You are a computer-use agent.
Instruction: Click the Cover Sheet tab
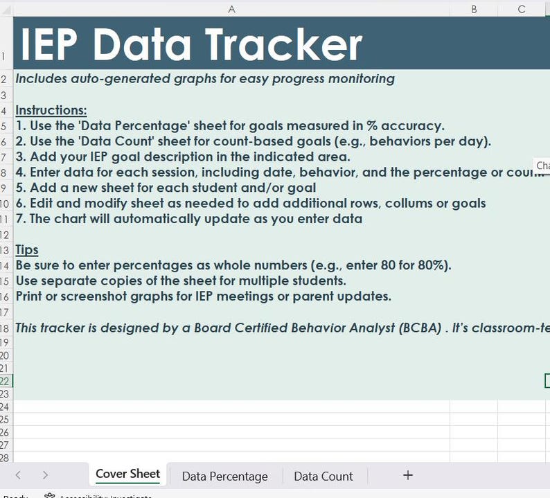tap(127, 474)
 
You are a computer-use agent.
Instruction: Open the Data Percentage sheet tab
tap(224, 477)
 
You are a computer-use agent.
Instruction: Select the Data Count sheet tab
tap(323, 477)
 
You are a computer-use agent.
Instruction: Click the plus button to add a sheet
tap(408, 475)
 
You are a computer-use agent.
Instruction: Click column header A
tap(231, 8)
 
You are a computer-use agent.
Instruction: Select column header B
tap(474, 8)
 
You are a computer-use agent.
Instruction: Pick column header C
tap(522, 8)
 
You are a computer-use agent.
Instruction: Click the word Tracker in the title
tap(283, 44)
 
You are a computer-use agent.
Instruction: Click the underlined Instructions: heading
tap(51, 111)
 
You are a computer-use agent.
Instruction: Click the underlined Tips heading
tap(27, 250)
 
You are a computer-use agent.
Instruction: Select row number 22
tap(6, 381)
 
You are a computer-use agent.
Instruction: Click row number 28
tap(6, 458)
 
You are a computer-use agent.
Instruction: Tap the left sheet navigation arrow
tap(18, 475)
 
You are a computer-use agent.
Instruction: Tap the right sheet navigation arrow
tap(45, 475)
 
